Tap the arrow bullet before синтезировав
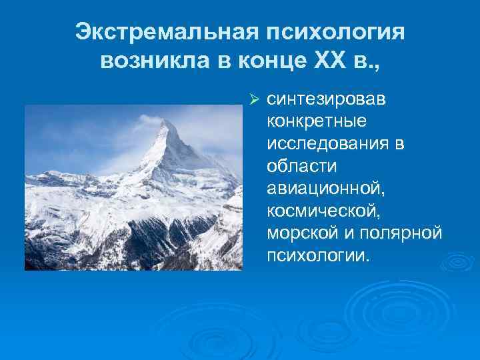coord(253,100)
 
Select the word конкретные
coord(309,122)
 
